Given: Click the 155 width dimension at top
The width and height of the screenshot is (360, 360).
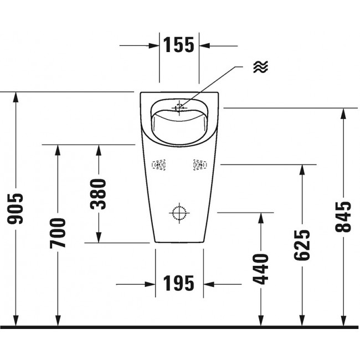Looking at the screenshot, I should pyautogui.click(x=179, y=45).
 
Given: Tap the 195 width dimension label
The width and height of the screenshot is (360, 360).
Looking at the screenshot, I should pyautogui.click(x=179, y=284).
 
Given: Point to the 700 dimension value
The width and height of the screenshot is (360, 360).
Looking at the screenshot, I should pyautogui.click(x=58, y=233).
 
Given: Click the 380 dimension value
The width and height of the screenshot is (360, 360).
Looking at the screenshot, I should pyautogui.click(x=99, y=194).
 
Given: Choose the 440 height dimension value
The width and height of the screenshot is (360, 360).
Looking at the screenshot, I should pyautogui.click(x=260, y=269).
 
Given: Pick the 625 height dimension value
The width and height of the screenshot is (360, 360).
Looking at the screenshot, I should pyautogui.click(x=302, y=244).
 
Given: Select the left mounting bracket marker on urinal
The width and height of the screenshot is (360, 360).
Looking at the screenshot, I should pyautogui.click(x=160, y=164).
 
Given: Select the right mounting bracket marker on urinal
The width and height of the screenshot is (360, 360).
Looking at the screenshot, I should pyautogui.click(x=199, y=164).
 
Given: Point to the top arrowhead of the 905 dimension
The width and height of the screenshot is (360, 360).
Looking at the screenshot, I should pyautogui.click(x=16, y=97).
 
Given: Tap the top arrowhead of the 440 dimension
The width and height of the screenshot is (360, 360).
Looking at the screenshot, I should pyautogui.click(x=260, y=218).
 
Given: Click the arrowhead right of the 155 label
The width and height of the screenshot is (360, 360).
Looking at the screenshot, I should pyautogui.click(x=205, y=45).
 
